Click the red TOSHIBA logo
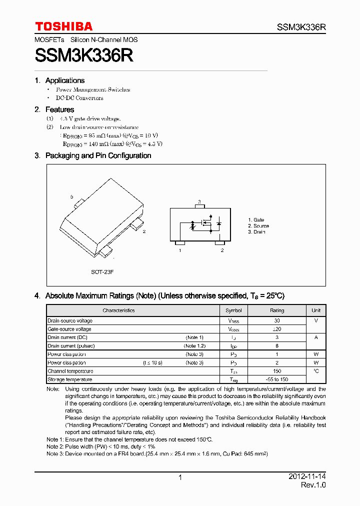point(63,26)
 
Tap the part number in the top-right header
point(301,27)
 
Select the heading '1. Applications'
point(59,80)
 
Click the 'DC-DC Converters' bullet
point(79,98)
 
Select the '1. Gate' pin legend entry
point(256,220)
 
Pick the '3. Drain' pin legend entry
point(256,232)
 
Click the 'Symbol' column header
point(233,310)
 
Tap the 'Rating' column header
point(277,310)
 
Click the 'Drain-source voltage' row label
point(70,320)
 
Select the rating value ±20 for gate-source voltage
point(277,329)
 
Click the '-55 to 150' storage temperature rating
point(277,379)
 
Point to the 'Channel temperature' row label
point(70,371)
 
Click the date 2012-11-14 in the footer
point(307,477)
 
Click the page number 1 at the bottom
point(180,477)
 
